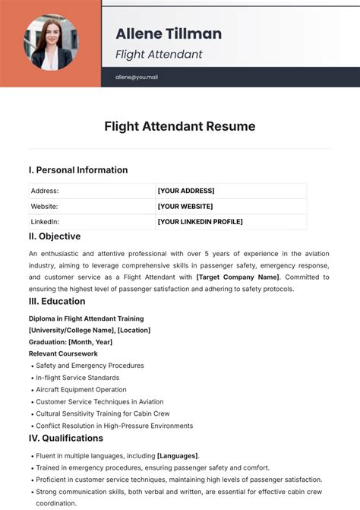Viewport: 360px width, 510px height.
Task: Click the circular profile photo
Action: (x=51, y=43)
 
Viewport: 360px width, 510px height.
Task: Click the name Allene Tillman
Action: (x=169, y=33)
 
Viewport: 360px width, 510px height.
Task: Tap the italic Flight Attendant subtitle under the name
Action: (x=159, y=55)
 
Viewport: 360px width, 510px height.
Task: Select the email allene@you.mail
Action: (x=137, y=78)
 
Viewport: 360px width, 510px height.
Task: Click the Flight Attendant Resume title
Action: (x=180, y=126)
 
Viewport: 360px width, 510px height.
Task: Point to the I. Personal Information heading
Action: (x=78, y=170)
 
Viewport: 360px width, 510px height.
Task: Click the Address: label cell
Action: (x=45, y=191)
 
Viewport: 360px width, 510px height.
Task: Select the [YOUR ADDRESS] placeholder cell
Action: (x=186, y=191)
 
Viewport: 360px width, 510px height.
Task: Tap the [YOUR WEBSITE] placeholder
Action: (x=185, y=206)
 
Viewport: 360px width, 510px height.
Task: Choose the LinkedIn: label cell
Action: (x=46, y=222)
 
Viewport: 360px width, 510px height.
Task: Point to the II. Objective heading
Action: (x=55, y=236)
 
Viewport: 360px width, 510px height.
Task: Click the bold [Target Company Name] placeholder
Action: (x=237, y=277)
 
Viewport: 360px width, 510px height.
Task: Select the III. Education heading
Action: (x=57, y=302)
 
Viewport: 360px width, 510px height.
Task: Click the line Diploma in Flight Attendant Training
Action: (x=86, y=318)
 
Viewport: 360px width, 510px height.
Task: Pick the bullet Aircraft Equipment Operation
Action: (x=82, y=390)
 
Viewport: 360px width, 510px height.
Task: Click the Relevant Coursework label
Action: (x=63, y=353)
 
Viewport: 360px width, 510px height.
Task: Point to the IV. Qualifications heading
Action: (x=66, y=439)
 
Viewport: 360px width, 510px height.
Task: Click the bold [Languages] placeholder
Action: (x=178, y=456)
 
